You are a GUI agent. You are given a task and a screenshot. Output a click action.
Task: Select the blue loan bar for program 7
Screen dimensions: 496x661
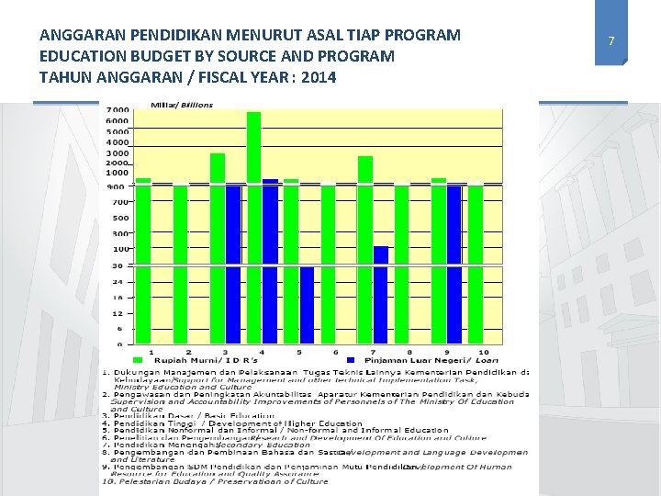[380, 294]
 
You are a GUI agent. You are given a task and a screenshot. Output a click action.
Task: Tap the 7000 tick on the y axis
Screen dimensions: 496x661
[118, 111]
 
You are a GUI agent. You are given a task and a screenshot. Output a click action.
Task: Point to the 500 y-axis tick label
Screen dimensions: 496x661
[120, 218]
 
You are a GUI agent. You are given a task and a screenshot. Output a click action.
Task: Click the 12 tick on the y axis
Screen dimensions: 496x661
[118, 313]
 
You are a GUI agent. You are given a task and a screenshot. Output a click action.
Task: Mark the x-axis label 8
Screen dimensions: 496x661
[409, 352]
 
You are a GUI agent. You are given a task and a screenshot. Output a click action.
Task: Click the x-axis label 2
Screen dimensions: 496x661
[188, 352]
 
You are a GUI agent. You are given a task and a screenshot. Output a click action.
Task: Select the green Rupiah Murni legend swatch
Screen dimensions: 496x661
[139, 360]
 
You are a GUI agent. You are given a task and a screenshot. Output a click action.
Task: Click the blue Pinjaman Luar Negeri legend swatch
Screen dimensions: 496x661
[352, 360]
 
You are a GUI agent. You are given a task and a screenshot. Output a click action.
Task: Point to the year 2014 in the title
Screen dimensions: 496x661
[317, 76]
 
